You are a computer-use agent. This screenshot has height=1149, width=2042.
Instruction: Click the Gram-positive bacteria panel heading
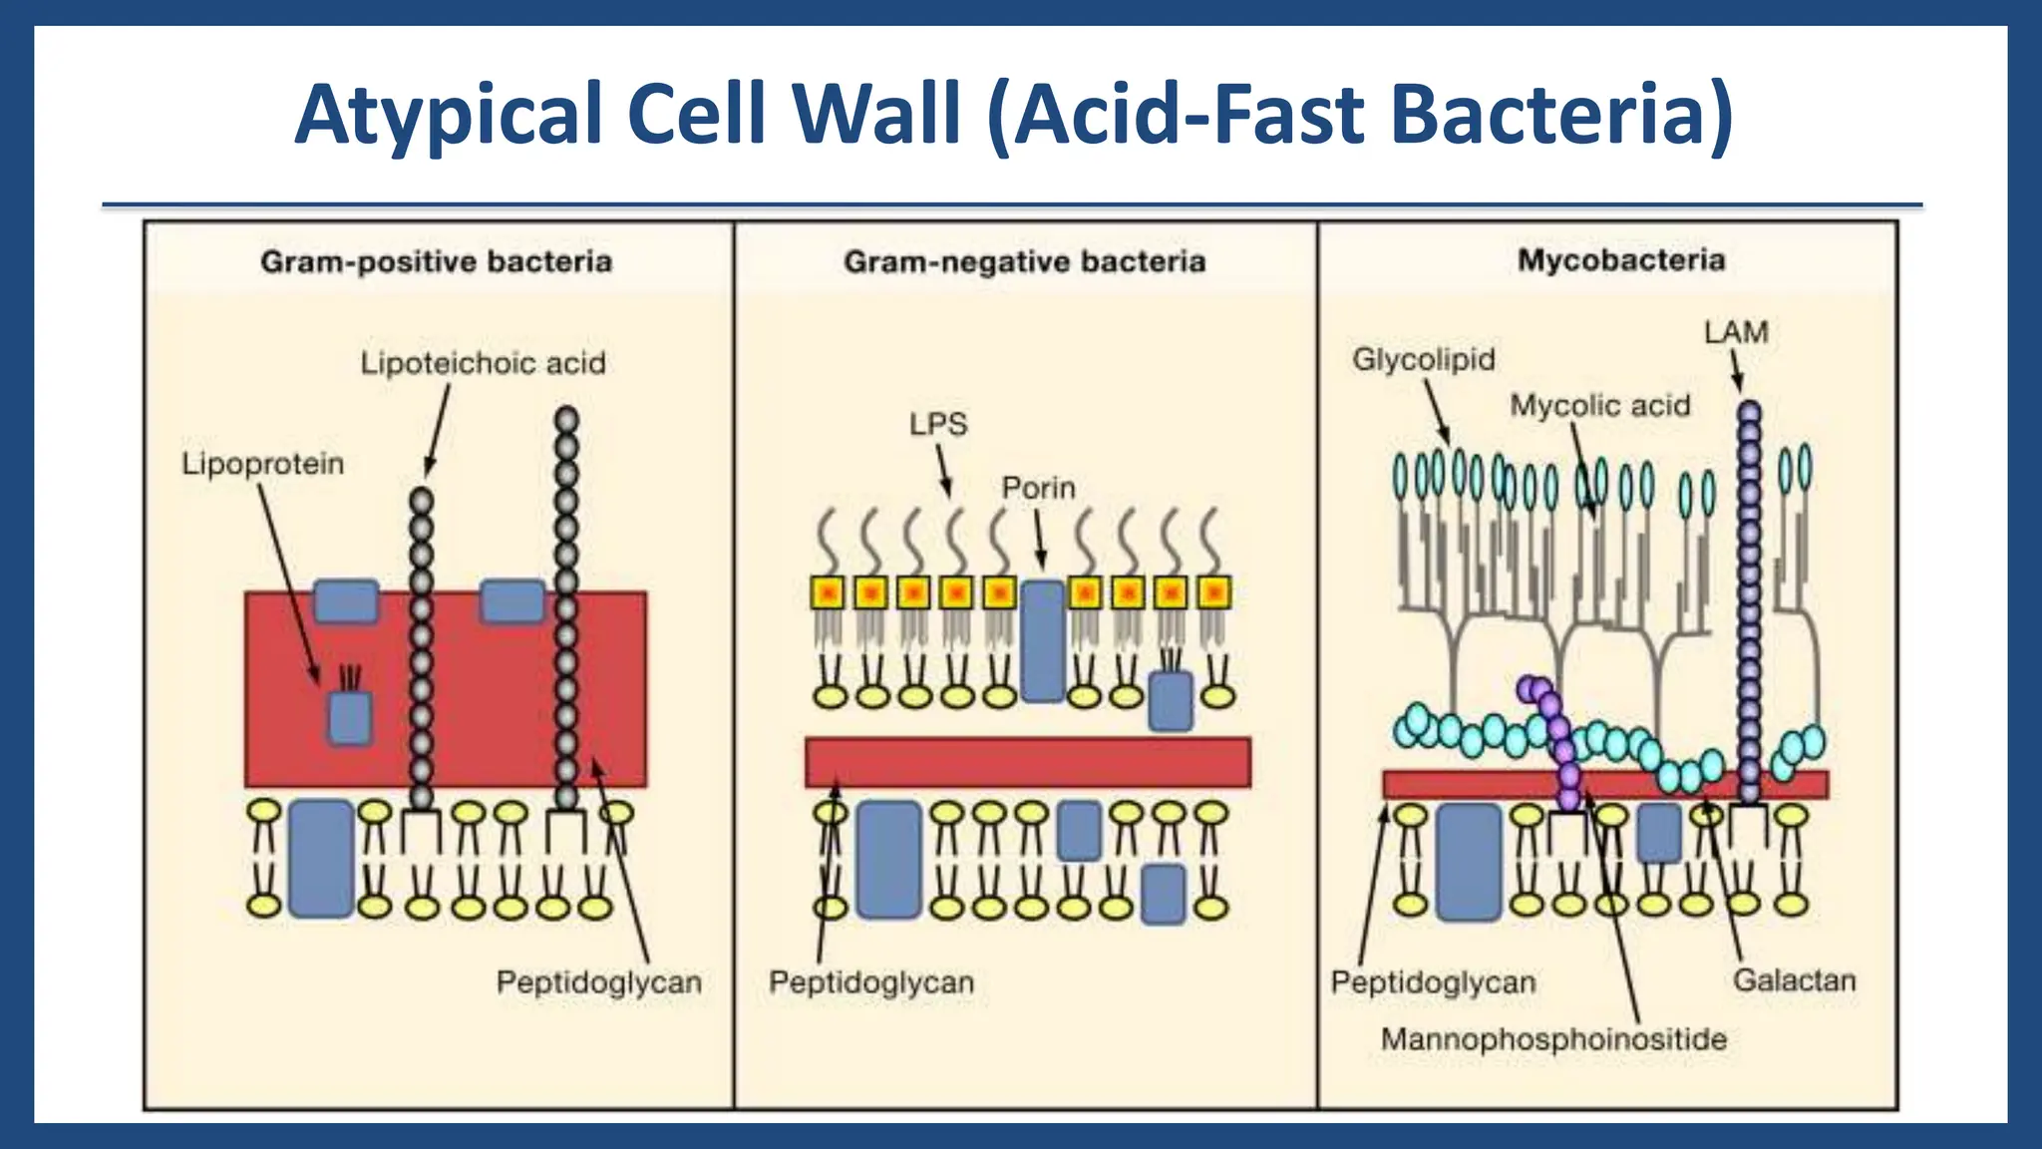(x=436, y=262)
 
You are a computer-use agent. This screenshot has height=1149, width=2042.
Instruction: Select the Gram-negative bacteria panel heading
(x=1024, y=262)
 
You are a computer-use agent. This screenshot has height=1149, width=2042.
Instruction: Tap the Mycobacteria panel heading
(x=1621, y=260)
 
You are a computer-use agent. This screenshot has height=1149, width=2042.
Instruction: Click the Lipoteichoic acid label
(x=483, y=363)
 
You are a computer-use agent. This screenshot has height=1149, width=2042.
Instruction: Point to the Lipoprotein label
(x=262, y=464)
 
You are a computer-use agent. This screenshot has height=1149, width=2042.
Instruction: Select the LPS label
(x=937, y=424)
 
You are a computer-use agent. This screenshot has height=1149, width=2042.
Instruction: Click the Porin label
(x=1038, y=489)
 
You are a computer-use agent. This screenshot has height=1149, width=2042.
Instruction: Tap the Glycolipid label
(x=1423, y=359)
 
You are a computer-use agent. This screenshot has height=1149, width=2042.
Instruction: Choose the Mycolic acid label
(x=1599, y=406)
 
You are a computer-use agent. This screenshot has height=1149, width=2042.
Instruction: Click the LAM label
(x=1736, y=332)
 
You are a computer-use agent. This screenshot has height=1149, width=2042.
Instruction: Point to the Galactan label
(x=1794, y=980)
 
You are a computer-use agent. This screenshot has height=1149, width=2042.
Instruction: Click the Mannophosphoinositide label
(x=1552, y=1039)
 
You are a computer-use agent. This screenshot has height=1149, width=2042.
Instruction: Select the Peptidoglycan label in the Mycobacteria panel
(x=1433, y=982)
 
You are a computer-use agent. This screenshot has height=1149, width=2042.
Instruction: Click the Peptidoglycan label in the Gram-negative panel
(x=870, y=982)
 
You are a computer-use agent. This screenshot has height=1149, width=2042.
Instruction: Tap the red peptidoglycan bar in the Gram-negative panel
(x=1027, y=763)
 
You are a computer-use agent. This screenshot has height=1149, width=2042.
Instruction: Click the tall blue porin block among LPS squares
(x=1043, y=641)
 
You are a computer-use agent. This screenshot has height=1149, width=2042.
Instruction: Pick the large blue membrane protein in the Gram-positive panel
(x=321, y=858)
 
